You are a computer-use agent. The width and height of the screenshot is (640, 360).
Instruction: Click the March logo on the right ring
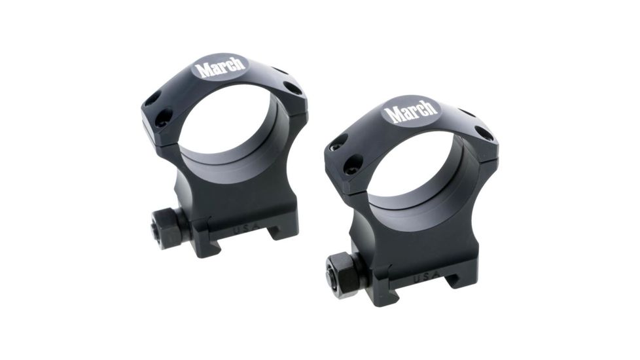tap(410, 111)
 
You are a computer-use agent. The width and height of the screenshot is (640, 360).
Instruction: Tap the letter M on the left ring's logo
tap(205, 69)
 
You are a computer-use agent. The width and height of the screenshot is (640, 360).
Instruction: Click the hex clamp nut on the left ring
tap(166, 227)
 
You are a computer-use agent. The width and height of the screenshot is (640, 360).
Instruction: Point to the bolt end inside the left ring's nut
tap(157, 229)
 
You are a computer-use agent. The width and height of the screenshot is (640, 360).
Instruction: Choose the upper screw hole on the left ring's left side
tap(152, 99)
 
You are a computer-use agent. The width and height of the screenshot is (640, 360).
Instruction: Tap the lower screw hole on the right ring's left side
tap(352, 164)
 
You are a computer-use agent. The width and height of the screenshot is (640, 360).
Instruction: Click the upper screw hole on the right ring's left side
tap(338, 143)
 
